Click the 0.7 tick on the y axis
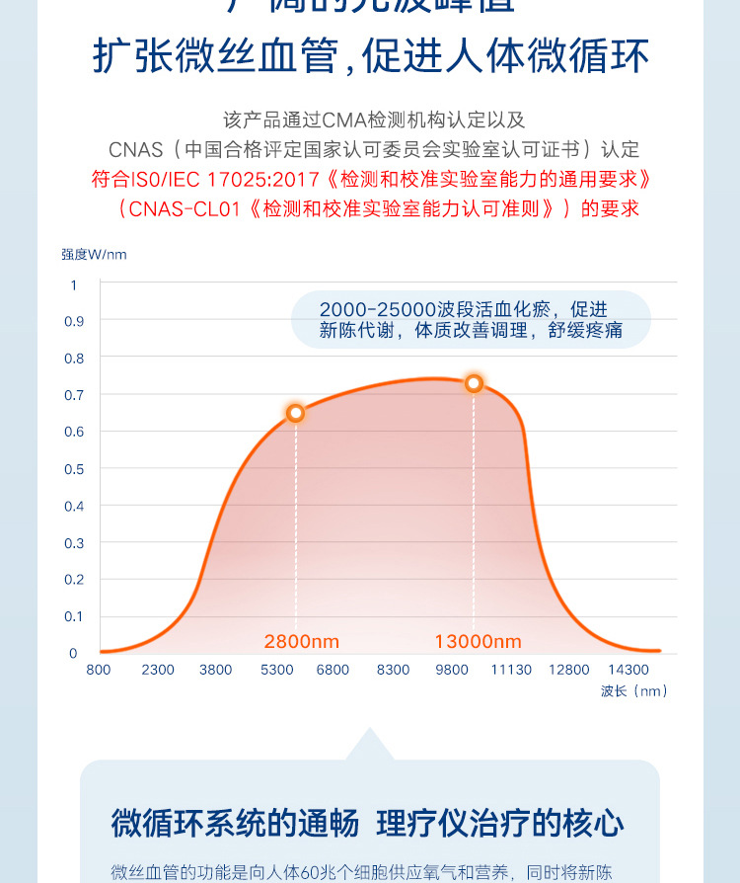click(74, 395)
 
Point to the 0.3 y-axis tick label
click(74, 543)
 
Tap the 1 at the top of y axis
click(73, 285)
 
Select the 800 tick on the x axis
click(99, 670)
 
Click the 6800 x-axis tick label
click(333, 670)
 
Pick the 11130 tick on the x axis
click(511, 670)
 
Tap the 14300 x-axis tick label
click(629, 670)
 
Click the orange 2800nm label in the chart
click(301, 642)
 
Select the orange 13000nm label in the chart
click(478, 642)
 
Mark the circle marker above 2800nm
click(295, 413)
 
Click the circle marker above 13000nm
click(474, 383)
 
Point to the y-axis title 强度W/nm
click(94, 254)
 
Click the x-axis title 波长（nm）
click(634, 691)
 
